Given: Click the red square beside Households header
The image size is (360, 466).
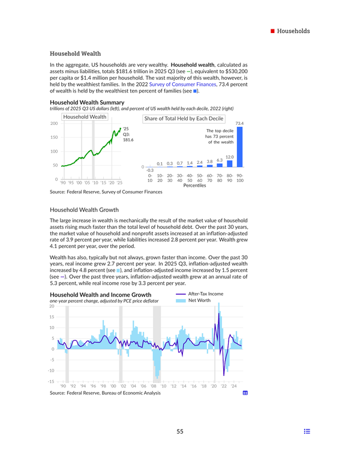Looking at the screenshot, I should tap(272, 31).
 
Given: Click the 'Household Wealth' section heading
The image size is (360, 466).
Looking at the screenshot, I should tap(75, 53).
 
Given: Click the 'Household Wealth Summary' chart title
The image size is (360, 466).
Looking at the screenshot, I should tap(86, 103).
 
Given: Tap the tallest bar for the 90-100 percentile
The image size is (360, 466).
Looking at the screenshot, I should tap(239, 147).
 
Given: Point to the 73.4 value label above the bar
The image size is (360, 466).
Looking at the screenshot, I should tap(239, 123).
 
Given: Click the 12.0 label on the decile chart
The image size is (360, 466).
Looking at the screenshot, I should tap(229, 157).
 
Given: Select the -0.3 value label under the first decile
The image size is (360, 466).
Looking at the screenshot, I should tap(150, 171).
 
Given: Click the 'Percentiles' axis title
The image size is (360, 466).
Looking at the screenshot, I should tap(194, 186).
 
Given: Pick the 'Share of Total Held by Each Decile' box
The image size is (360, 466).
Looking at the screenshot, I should tap(183, 119).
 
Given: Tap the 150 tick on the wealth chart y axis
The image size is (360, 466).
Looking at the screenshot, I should tap(53, 138).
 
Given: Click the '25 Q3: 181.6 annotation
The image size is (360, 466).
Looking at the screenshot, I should tap(128, 134).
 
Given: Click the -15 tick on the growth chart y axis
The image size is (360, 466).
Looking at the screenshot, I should tap(52, 381).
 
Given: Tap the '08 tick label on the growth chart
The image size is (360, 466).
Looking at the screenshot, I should tap(153, 386).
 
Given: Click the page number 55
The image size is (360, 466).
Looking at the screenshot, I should tap(180, 432).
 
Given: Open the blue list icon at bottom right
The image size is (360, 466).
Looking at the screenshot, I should tap(307, 432).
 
